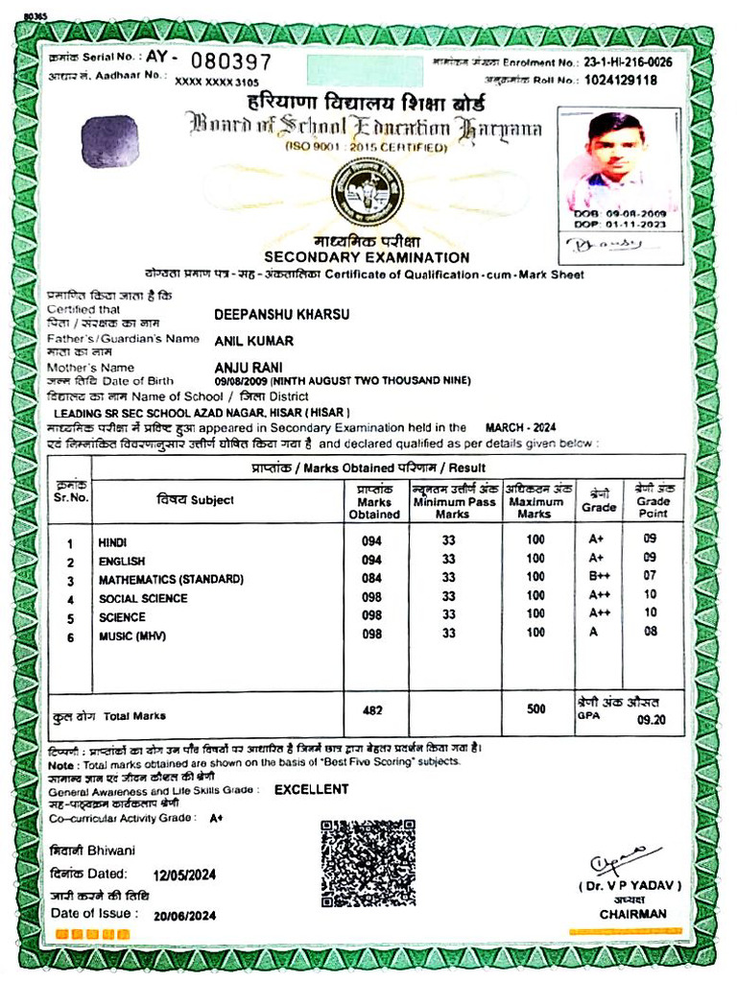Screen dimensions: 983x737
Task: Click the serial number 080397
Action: click(x=224, y=62)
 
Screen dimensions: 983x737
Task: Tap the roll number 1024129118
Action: click(x=622, y=81)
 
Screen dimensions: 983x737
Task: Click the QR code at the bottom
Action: click(x=368, y=863)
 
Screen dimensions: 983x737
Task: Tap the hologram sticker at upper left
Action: click(x=109, y=142)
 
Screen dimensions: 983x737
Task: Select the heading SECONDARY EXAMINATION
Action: click(x=367, y=257)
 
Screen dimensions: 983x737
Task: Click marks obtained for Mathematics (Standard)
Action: click(x=371, y=579)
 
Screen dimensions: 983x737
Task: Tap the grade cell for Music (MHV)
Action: click(x=595, y=632)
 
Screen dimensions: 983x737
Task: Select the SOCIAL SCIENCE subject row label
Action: click(x=143, y=599)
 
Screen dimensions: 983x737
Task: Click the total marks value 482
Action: click(x=372, y=710)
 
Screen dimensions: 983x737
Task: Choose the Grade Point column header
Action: click(x=654, y=501)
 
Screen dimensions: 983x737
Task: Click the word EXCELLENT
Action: click(x=311, y=789)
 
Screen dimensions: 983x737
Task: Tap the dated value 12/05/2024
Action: click(x=185, y=875)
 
